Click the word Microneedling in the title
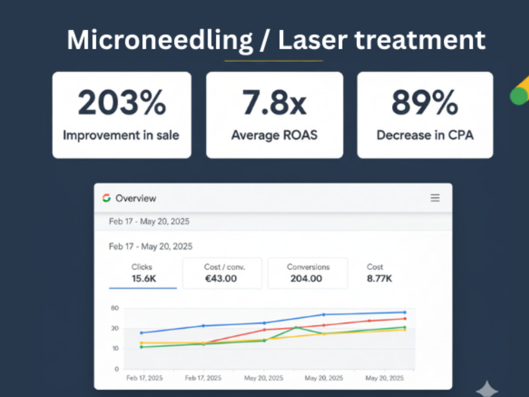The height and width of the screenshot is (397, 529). pos(160,41)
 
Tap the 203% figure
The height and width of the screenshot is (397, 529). pos(122,102)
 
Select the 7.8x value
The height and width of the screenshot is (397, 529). pos(274,102)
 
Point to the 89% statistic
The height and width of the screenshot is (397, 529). pos(425,102)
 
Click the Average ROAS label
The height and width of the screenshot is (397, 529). pos(274,135)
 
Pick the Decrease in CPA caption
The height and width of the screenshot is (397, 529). pos(425,135)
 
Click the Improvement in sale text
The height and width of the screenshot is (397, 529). pos(121,136)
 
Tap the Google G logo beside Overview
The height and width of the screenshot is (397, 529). pos(107,198)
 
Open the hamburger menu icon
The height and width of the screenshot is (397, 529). pos(435,198)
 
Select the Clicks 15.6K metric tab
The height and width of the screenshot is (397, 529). pos(143,273)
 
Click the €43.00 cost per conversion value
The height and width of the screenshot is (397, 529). pos(221,278)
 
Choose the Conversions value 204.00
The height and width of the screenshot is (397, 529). pos(306,278)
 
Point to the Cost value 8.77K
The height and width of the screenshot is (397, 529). pos(379,278)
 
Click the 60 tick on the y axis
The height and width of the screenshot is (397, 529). pos(115,308)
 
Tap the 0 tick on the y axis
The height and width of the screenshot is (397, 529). pos(117,369)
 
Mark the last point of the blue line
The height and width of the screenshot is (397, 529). pos(405,312)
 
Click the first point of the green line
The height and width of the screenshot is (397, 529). pos(141,347)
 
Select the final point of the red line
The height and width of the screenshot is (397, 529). pos(405,319)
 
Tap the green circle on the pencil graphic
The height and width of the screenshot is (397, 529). pos(519,96)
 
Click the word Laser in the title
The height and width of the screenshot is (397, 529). pos(313,41)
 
